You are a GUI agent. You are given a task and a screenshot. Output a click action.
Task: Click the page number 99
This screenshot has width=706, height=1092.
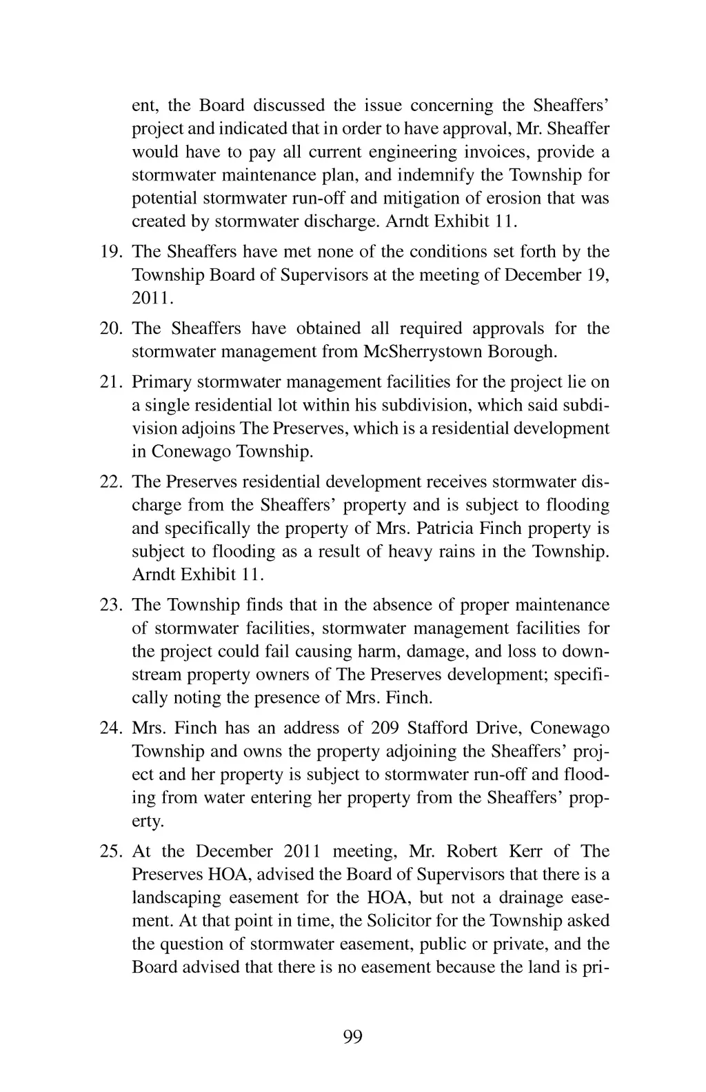click(x=352, y=1037)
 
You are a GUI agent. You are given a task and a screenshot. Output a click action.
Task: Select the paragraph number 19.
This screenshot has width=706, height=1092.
click(x=111, y=252)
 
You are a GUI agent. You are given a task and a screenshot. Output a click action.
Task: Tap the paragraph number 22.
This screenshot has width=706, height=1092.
click(x=111, y=482)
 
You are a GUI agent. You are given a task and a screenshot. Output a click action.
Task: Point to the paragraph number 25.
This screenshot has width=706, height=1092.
click(x=111, y=851)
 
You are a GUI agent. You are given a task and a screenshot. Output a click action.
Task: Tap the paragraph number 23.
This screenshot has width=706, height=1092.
click(x=111, y=605)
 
